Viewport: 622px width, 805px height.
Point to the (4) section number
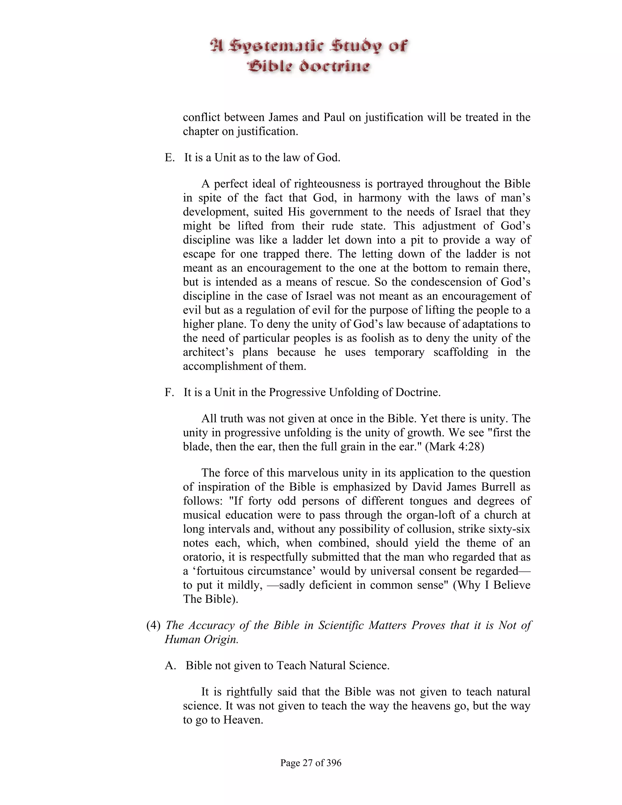tap(153, 625)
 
